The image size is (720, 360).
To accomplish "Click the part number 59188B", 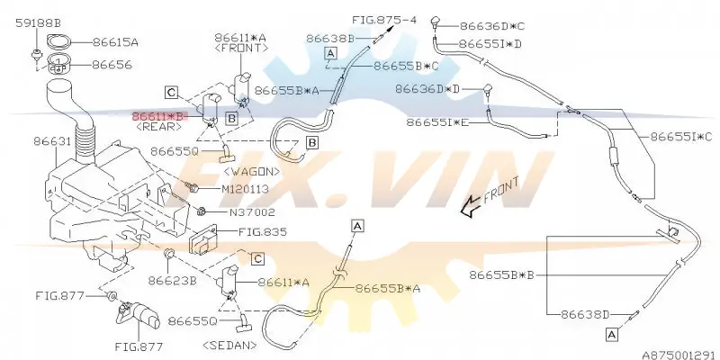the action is pos(38,23).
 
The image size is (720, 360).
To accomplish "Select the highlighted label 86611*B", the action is pos(159,116).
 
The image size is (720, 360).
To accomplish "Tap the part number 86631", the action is pos(52,141).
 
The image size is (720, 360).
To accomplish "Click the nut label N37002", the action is pos(252,212).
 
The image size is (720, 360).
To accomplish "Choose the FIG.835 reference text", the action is pos(263,232).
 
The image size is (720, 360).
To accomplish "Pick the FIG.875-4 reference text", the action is pos(384,20).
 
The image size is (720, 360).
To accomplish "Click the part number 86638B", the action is pos(330,39).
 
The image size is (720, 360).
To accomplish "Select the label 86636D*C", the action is pos(491,26).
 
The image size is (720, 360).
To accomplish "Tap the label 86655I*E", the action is pos(437,122).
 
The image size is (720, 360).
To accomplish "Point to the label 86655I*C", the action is pos(681,137).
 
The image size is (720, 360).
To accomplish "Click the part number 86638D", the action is pos(585,315).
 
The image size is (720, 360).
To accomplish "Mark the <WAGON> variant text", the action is pos(252,172).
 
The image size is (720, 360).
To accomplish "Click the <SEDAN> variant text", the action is pos(229,345).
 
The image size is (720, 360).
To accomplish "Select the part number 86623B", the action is pos(172,281).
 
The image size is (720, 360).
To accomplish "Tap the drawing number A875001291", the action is pos(680,355).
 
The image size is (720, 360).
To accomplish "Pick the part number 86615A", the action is pos(115,42).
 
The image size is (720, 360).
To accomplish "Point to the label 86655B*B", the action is pos(501,275).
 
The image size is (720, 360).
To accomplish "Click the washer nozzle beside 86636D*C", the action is pos(436,21).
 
